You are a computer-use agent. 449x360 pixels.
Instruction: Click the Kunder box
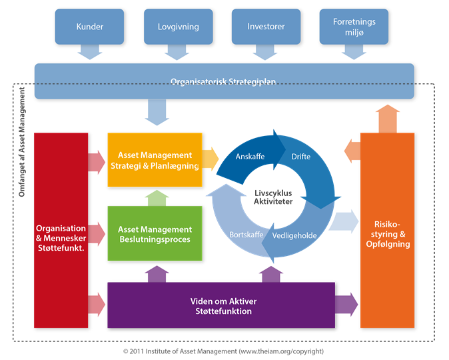coord(89,27)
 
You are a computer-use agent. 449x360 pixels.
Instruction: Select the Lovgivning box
coord(178,27)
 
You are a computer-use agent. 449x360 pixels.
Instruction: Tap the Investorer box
coord(266,27)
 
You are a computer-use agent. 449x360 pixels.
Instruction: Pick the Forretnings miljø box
coord(354,27)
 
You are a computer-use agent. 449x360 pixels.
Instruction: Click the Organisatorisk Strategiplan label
coord(223,82)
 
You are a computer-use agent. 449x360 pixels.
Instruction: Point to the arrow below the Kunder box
coord(90,52)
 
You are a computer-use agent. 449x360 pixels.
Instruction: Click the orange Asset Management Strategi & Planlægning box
coord(155,160)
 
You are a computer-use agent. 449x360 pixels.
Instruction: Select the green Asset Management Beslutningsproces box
coord(155,233)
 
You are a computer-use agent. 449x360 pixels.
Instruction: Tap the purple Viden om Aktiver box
coord(221,305)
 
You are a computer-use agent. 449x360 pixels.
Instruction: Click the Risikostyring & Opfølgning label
coord(388,234)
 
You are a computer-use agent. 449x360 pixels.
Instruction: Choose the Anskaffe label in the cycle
coord(250,157)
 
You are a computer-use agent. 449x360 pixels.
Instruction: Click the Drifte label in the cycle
coord(300,157)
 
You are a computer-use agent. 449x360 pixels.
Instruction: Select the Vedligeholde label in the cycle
coord(294,235)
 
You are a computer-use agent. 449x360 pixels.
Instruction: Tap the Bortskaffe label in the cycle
coord(246,235)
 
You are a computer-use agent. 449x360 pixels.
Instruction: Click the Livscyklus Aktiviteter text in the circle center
coord(273,197)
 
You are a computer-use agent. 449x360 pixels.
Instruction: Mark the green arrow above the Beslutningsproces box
coord(157,198)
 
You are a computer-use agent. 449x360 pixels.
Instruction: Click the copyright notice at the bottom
coord(223,351)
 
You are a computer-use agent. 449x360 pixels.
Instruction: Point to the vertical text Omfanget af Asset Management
coord(22,142)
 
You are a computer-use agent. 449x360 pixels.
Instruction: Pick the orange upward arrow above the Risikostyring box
coord(388,119)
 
